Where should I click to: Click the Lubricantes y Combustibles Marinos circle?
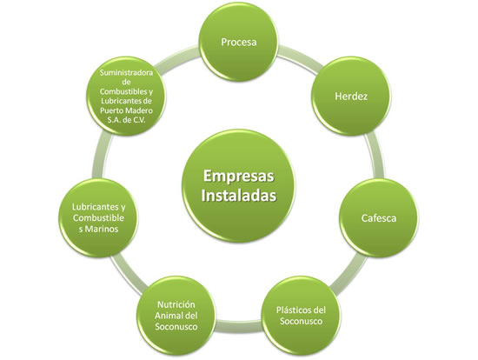[98, 216]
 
